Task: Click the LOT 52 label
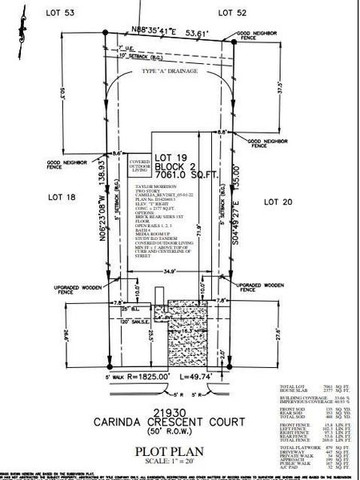[x=234, y=13]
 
